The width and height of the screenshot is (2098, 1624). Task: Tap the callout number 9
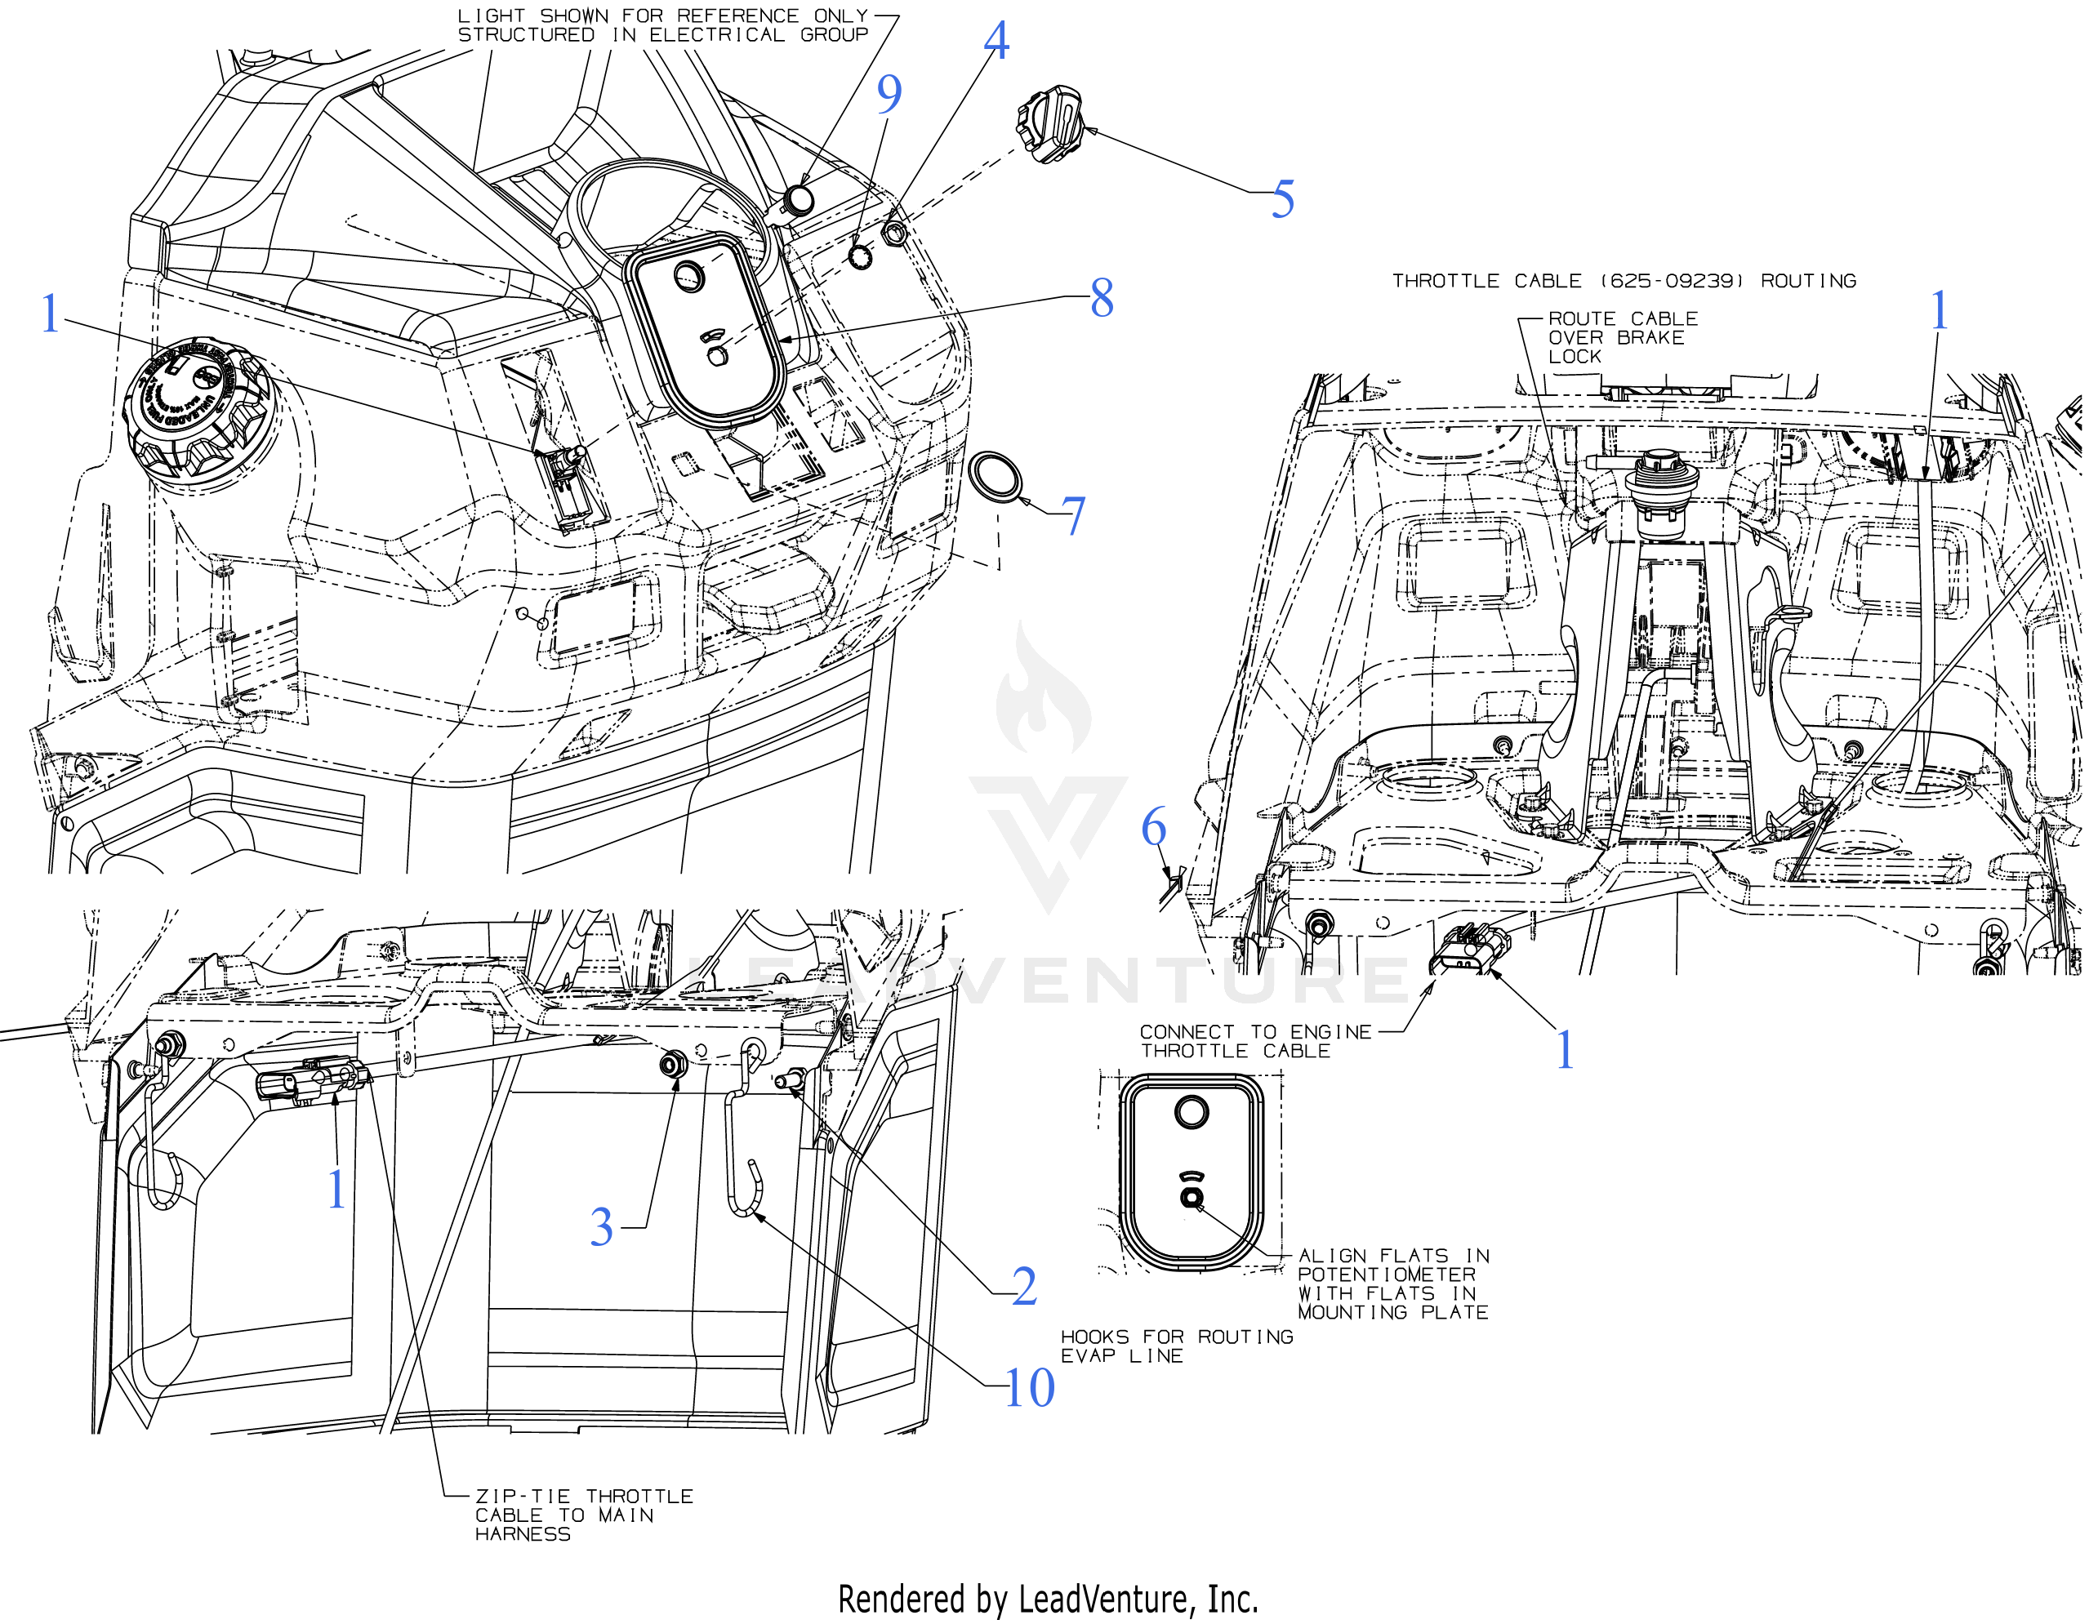click(x=889, y=94)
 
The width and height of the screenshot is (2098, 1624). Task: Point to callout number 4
click(x=997, y=42)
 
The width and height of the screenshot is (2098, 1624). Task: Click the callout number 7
click(x=1073, y=517)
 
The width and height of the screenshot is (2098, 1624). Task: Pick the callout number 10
click(x=1029, y=1388)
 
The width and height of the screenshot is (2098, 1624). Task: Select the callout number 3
click(x=601, y=1227)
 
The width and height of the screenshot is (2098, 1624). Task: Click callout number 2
click(x=1024, y=1287)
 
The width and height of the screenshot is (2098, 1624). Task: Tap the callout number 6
click(x=1154, y=827)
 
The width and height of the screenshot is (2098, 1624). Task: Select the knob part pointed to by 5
click(x=1048, y=124)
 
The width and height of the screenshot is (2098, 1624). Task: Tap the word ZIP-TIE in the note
click(x=523, y=1497)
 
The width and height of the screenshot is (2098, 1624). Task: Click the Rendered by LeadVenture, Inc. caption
click(x=1048, y=1599)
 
